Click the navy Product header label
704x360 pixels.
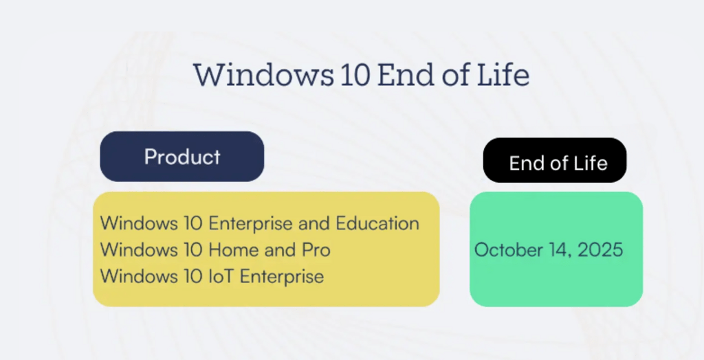(x=182, y=157)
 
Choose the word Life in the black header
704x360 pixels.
(x=591, y=164)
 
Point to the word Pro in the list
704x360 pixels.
(x=316, y=250)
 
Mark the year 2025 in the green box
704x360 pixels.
(x=600, y=249)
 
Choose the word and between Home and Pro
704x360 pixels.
(x=280, y=250)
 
